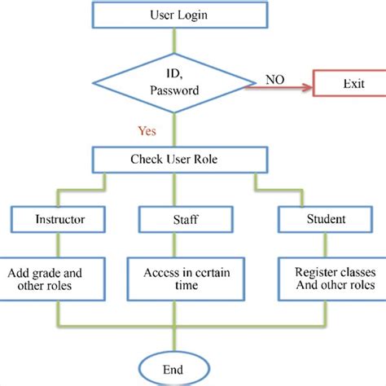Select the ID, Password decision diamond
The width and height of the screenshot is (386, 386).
click(174, 81)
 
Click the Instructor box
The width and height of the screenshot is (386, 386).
click(59, 219)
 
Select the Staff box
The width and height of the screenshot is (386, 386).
click(175, 219)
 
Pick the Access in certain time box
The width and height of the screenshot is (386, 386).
click(175, 279)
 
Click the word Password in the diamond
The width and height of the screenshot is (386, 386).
click(174, 91)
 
